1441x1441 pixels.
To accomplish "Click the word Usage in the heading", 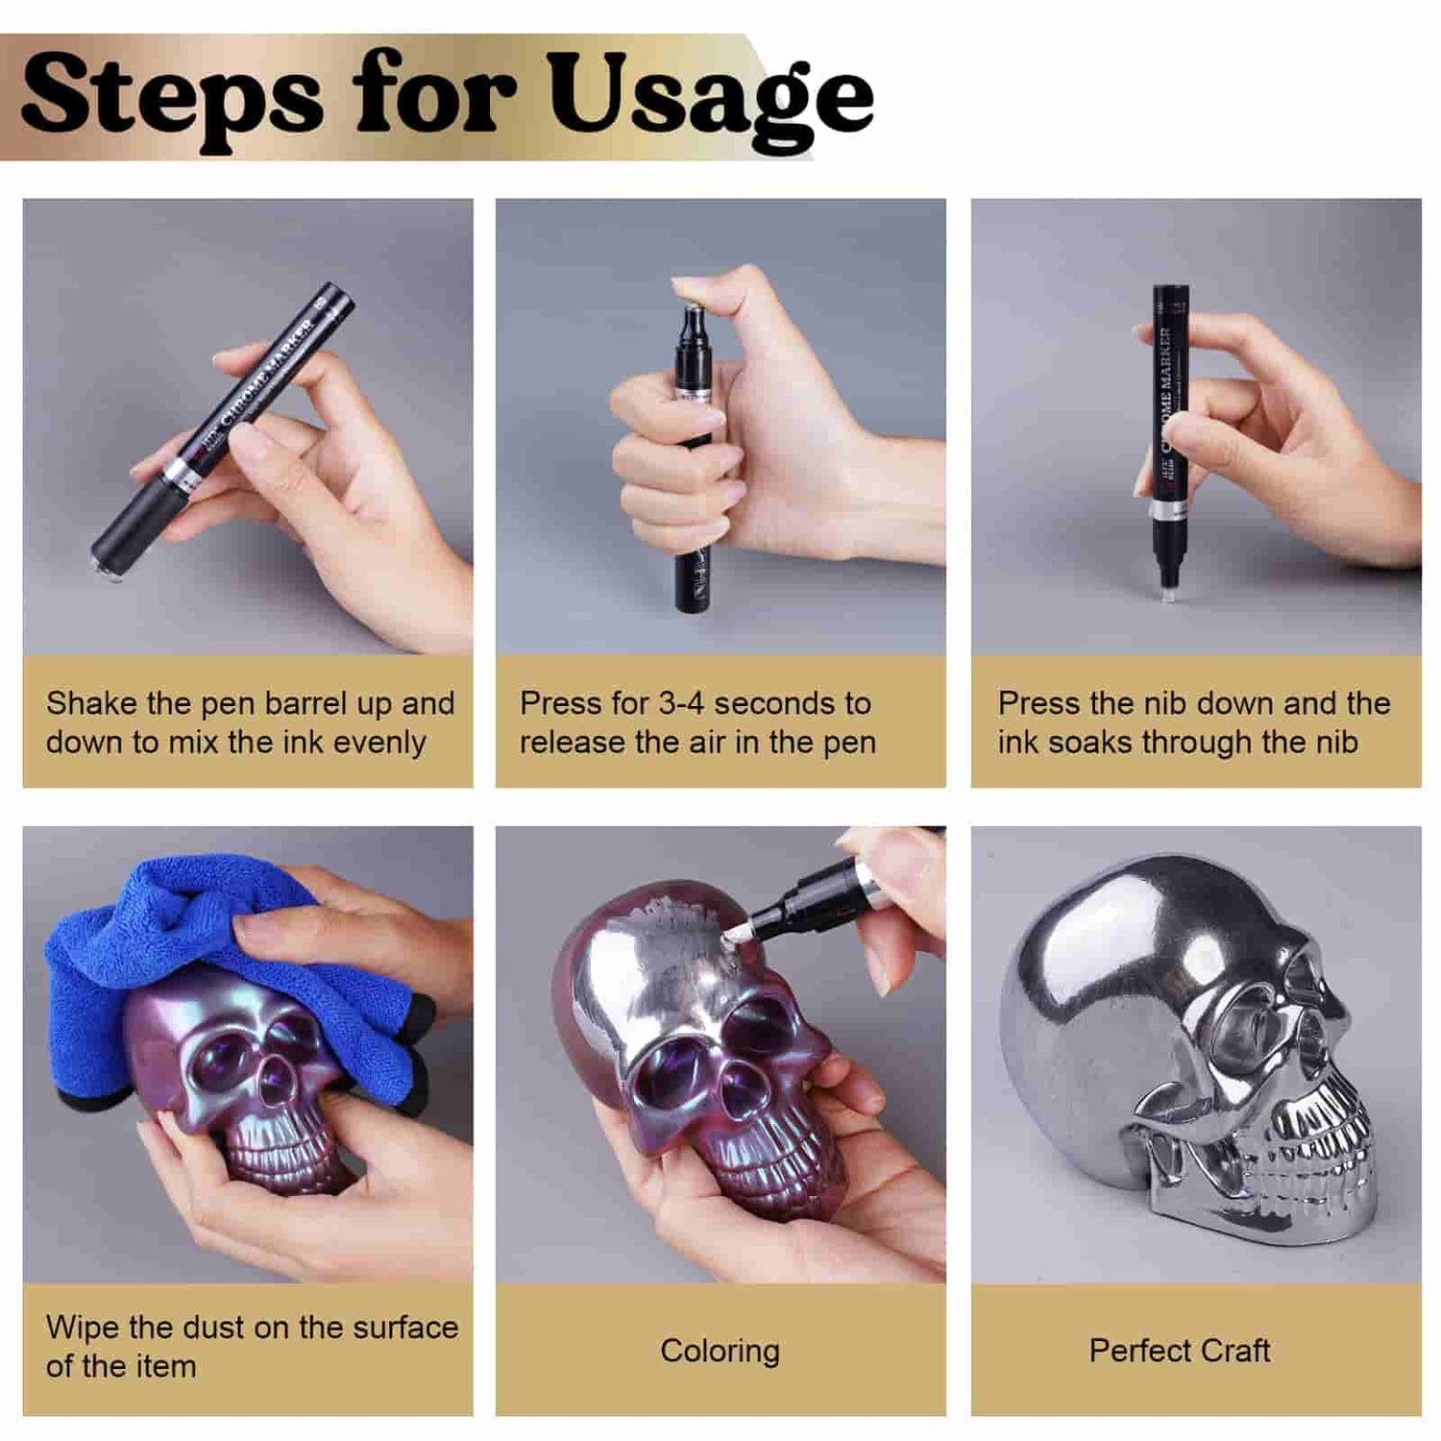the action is [x=711, y=99].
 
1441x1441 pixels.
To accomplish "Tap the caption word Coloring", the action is [x=720, y=1352].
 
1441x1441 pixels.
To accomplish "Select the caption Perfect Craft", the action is [x=1180, y=1351].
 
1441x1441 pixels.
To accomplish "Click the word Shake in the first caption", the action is [x=91, y=703].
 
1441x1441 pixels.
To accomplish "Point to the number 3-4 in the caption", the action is [x=681, y=703].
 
